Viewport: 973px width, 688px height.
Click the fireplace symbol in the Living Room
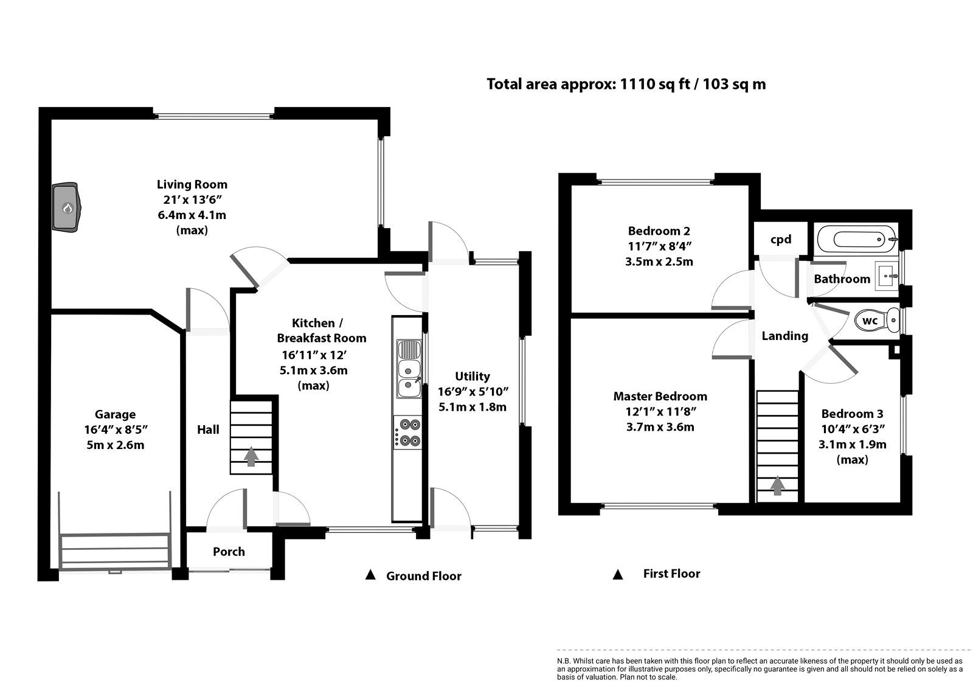coord(66,207)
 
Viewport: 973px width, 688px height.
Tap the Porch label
coord(229,552)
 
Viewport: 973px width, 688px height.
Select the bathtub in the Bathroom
coord(855,238)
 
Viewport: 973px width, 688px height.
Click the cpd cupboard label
coord(781,240)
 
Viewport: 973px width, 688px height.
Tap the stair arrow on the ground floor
coord(251,457)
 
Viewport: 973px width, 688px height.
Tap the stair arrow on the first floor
coord(777,486)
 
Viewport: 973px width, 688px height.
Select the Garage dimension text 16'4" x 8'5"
coord(116,430)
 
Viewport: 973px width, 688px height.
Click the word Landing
coord(784,336)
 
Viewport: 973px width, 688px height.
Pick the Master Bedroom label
coord(660,396)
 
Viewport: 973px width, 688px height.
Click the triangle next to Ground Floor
coord(370,575)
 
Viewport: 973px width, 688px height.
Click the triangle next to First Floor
coord(618,574)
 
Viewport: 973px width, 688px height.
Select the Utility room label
coord(472,377)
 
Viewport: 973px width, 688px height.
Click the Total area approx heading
coord(626,84)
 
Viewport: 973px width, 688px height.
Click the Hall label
coord(208,429)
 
